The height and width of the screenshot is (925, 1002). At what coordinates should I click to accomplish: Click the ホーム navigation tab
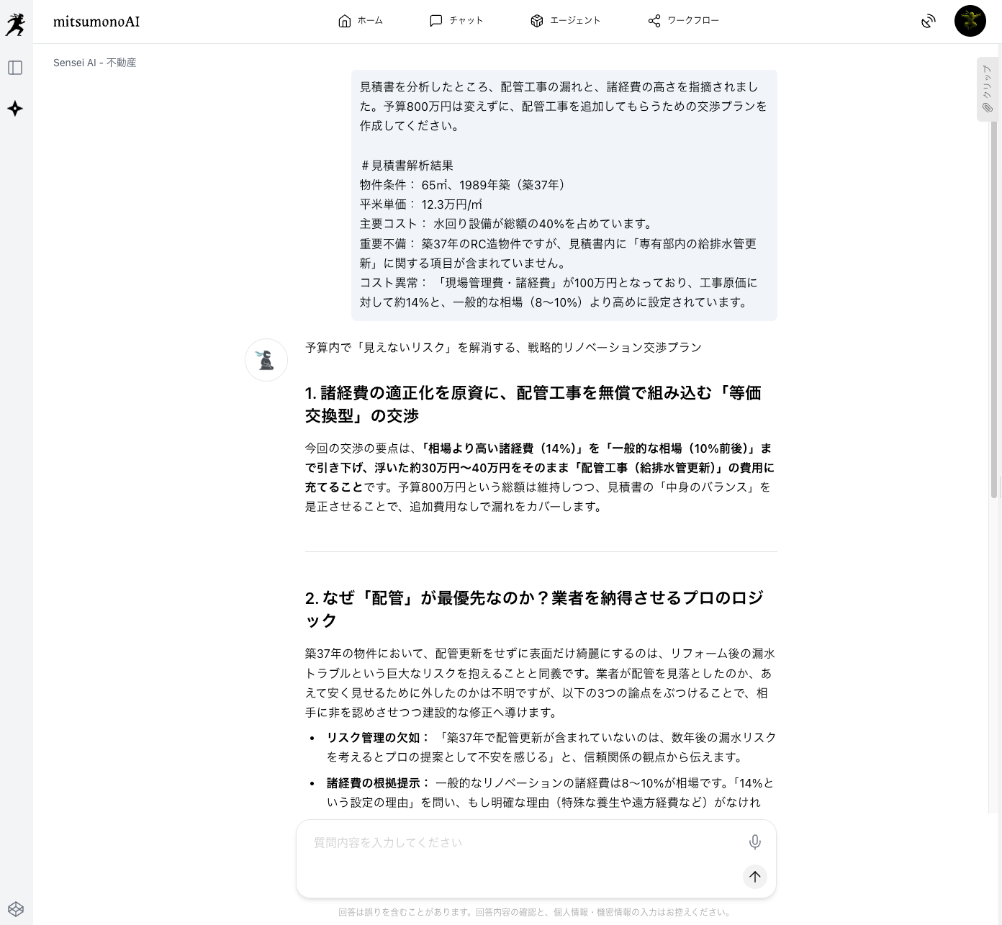click(x=360, y=21)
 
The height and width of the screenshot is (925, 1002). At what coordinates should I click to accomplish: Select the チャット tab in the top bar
click(x=456, y=21)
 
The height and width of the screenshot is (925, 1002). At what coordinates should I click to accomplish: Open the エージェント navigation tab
click(x=565, y=21)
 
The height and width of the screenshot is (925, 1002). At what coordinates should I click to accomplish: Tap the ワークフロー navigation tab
click(x=683, y=21)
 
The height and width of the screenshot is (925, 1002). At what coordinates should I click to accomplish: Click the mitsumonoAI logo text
click(x=96, y=22)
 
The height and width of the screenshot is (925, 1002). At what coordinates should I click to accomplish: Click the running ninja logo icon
click(x=15, y=24)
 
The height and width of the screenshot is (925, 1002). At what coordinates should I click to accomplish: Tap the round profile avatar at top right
click(x=970, y=21)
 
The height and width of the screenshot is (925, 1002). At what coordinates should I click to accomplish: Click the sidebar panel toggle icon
click(x=15, y=68)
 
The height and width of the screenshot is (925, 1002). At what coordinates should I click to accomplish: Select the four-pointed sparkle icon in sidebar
click(x=15, y=109)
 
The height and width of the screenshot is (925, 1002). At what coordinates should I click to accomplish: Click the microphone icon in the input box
click(x=754, y=841)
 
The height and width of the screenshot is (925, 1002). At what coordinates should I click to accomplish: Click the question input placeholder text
click(x=388, y=842)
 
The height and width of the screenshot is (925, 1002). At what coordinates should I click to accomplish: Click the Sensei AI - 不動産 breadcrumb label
click(x=94, y=63)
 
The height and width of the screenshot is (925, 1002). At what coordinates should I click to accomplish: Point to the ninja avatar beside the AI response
click(x=266, y=360)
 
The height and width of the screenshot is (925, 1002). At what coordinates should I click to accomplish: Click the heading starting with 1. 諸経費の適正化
click(x=533, y=404)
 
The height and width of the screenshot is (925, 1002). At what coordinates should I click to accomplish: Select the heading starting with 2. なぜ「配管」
click(x=533, y=608)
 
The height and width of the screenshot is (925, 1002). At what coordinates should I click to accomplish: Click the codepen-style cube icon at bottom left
click(x=16, y=908)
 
